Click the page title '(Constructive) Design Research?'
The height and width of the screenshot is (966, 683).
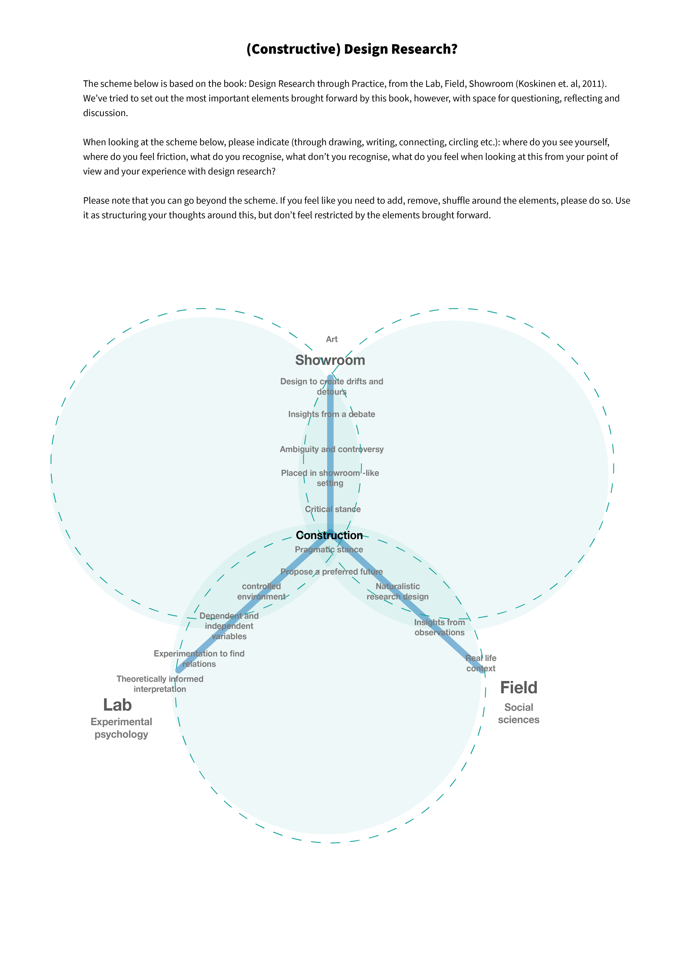tap(352, 49)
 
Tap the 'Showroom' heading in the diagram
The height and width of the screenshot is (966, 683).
tap(330, 360)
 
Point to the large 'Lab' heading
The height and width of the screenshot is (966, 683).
tap(117, 705)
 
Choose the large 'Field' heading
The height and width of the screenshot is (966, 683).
tap(518, 688)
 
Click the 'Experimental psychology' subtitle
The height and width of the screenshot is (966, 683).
tap(121, 728)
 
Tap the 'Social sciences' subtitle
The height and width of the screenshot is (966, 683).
tap(518, 713)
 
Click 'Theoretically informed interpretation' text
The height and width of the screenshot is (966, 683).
tap(160, 684)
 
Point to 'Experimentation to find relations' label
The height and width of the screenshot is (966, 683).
tap(199, 659)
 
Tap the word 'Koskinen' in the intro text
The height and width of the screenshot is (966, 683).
tap(537, 84)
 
